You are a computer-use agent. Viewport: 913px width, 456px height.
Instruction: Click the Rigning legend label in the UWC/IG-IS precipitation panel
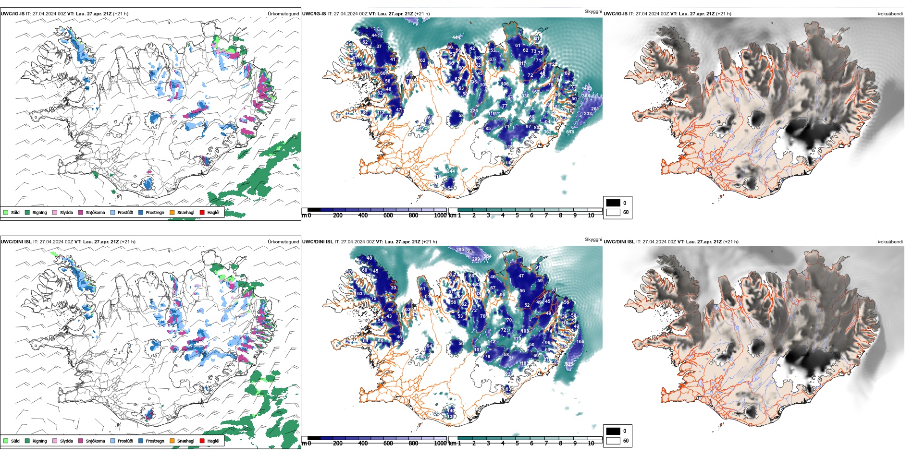tap(39, 213)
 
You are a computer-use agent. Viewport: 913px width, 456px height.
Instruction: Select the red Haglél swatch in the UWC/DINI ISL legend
tap(202, 441)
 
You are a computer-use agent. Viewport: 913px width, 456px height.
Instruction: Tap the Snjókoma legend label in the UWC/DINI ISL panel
tap(95, 441)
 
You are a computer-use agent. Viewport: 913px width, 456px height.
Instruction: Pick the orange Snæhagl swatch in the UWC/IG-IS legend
tap(172, 212)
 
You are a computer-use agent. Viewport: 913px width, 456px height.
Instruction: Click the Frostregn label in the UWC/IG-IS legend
tap(155, 213)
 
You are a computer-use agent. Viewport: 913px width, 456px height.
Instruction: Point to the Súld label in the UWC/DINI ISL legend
tap(15, 441)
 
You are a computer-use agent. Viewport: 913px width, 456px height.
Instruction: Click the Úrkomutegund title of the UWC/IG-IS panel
tap(283, 14)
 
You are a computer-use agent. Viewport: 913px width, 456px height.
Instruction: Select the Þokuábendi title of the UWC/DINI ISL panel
tap(890, 242)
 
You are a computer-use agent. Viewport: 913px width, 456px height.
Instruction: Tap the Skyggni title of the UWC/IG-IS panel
tap(593, 12)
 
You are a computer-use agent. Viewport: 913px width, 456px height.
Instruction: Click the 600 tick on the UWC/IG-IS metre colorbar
tap(388, 216)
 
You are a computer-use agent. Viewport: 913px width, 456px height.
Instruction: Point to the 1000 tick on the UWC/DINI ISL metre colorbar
tap(440, 444)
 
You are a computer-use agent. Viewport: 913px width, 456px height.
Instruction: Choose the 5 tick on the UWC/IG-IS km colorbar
tap(517, 216)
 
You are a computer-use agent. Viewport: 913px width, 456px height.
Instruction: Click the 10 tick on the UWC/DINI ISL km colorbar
tap(591, 444)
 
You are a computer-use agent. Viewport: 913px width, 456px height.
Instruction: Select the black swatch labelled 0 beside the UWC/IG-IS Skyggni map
tap(613, 203)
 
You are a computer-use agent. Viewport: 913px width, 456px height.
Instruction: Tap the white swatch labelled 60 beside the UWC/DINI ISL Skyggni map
tap(613, 441)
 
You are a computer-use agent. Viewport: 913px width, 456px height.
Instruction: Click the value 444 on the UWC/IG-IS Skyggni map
tap(456, 37)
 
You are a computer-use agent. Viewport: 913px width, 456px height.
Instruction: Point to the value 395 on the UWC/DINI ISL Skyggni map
tap(460, 250)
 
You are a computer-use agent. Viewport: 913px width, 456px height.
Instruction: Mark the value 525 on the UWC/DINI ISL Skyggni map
tap(569, 364)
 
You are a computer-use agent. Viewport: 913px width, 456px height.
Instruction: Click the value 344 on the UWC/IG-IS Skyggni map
tap(451, 171)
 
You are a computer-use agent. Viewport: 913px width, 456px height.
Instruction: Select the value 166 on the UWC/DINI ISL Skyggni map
tap(580, 342)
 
